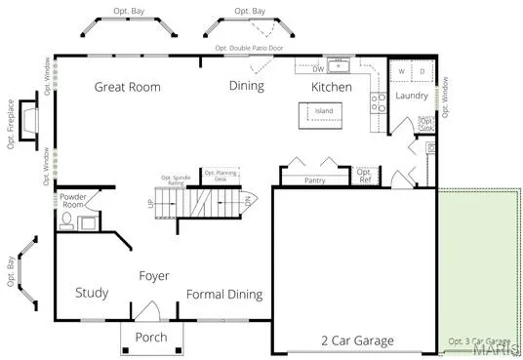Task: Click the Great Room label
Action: pyautogui.click(x=127, y=87)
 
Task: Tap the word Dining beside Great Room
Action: pyautogui.click(x=247, y=87)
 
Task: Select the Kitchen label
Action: pyautogui.click(x=331, y=87)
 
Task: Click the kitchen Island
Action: pyautogui.click(x=323, y=112)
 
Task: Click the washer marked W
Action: pyautogui.click(x=401, y=72)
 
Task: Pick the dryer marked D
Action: pyautogui.click(x=422, y=72)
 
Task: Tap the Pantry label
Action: pyautogui.click(x=314, y=180)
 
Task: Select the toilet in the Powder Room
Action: pyautogui.click(x=66, y=221)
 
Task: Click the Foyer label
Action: pyautogui.click(x=153, y=276)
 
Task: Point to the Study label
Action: pyautogui.click(x=92, y=294)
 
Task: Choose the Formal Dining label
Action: pyautogui.click(x=224, y=295)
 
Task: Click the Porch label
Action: pyautogui.click(x=150, y=338)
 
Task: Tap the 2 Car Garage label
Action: pyautogui.click(x=357, y=341)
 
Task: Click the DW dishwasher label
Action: pyautogui.click(x=318, y=69)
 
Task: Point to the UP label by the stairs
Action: pyautogui.click(x=149, y=203)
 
